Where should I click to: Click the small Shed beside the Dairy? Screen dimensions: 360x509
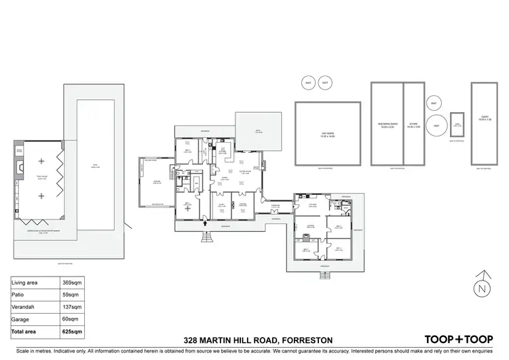(457, 124)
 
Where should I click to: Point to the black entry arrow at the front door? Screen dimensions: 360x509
(206, 218)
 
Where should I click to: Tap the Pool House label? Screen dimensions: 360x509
(41, 179)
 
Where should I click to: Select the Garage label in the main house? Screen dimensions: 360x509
(156, 181)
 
